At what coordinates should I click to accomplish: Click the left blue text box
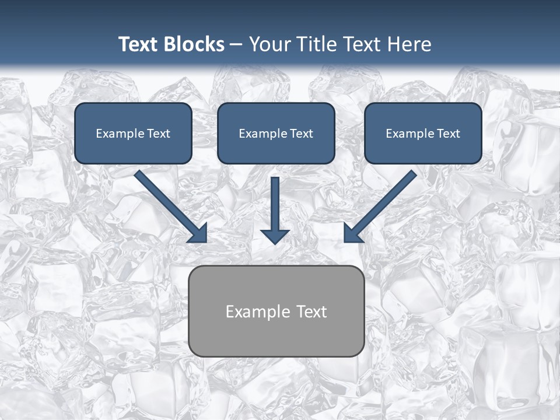click(x=133, y=133)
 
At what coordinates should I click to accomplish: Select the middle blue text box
click(x=276, y=133)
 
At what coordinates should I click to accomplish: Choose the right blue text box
click(x=423, y=133)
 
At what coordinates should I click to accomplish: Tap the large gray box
click(x=276, y=311)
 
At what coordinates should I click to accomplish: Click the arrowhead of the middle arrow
click(x=275, y=236)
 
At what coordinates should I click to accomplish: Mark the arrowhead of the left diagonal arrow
click(x=198, y=233)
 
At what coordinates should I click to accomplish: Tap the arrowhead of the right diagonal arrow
click(x=352, y=233)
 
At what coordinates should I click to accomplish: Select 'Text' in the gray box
click(x=311, y=311)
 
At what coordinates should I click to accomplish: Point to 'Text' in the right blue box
click(x=449, y=134)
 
